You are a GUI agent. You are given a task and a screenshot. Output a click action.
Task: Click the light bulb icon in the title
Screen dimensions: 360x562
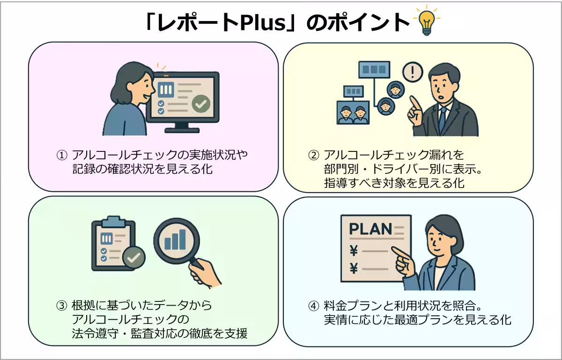(x=426, y=22)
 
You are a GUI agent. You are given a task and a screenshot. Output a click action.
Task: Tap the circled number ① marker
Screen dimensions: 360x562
(x=62, y=155)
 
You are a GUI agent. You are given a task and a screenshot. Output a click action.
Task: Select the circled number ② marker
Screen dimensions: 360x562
(x=314, y=155)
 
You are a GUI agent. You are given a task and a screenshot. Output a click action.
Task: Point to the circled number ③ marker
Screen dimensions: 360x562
(x=62, y=306)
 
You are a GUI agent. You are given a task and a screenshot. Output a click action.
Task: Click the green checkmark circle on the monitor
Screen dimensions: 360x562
(x=201, y=103)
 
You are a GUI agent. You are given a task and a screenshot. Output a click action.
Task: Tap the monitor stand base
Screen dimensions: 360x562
(x=182, y=130)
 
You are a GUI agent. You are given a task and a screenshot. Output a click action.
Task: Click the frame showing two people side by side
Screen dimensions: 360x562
(x=353, y=113)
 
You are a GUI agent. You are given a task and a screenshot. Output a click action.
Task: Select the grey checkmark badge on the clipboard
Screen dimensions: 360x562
(x=134, y=257)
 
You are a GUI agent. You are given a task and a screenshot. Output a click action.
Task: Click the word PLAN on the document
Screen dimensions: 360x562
(x=370, y=229)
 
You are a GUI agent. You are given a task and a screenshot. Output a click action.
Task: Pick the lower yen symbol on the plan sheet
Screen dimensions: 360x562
(x=354, y=269)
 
